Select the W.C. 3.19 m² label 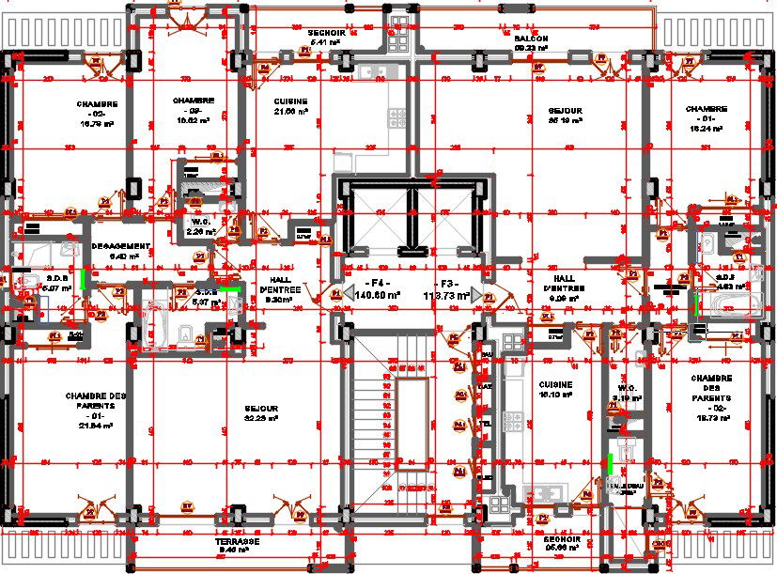(628, 393)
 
